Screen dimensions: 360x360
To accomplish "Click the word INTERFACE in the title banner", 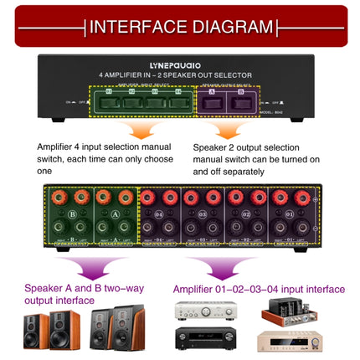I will point(137,26).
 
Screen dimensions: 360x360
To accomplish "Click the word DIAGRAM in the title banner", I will point(231,26).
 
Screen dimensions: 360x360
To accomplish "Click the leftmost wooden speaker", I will point(36,331).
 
